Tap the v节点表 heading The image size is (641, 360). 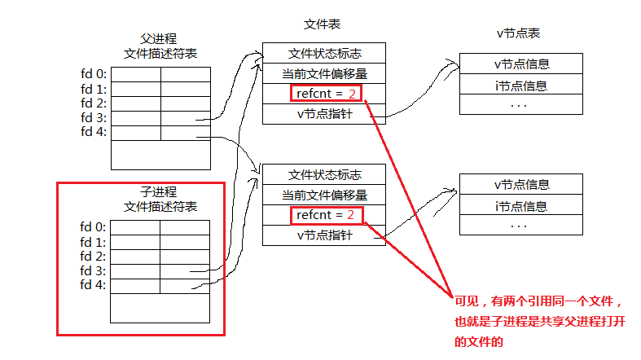(518, 33)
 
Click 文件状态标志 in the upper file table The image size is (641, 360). (324, 54)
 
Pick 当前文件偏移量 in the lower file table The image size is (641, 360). (324, 195)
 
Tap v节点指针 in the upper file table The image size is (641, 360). (324, 114)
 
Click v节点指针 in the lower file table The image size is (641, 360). (324, 235)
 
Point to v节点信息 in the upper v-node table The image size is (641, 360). (521, 64)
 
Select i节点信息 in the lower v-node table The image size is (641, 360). (521, 205)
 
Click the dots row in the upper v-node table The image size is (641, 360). (521, 104)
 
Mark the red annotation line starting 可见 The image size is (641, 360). (541, 300)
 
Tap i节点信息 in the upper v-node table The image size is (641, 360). (521, 85)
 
